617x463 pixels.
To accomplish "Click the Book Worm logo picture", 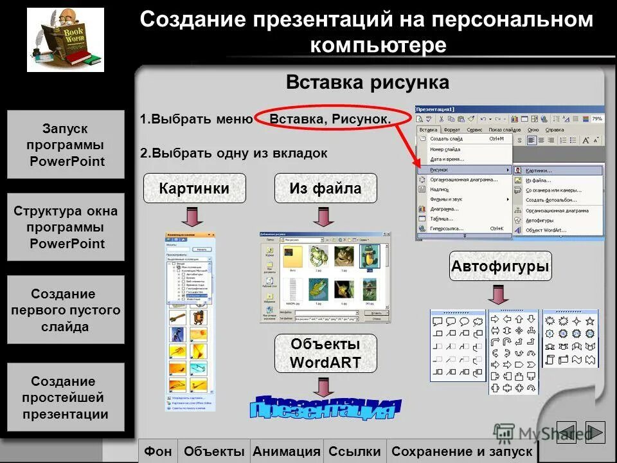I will pyautogui.click(x=66, y=40).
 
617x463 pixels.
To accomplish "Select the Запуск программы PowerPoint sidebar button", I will pyautogui.click(x=66, y=145).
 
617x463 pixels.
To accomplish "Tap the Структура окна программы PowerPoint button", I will pyautogui.click(x=66, y=227).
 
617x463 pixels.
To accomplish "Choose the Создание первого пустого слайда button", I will pyautogui.click(x=66, y=310).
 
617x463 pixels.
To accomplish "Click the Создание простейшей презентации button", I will pyautogui.click(x=66, y=397).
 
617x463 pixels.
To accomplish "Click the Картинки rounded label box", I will pyautogui.click(x=194, y=188).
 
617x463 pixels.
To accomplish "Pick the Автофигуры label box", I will pyautogui.click(x=500, y=266).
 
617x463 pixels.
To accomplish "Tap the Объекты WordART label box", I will pyautogui.click(x=325, y=353).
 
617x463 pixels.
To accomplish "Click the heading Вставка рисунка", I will pyautogui.click(x=367, y=83).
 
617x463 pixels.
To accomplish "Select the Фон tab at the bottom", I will pyautogui.click(x=158, y=451).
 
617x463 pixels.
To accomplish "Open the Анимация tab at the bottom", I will pyautogui.click(x=287, y=451).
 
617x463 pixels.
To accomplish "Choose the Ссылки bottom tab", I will pyautogui.click(x=355, y=451).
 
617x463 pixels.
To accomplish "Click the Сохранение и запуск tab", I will pyautogui.click(x=461, y=451).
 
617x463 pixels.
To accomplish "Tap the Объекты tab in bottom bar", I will pyautogui.click(x=214, y=451).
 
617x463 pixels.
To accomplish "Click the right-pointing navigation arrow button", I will pyautogui.click(x=595, y=432).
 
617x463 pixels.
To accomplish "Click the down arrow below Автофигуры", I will pyautogui.click(x=497, y=295).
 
